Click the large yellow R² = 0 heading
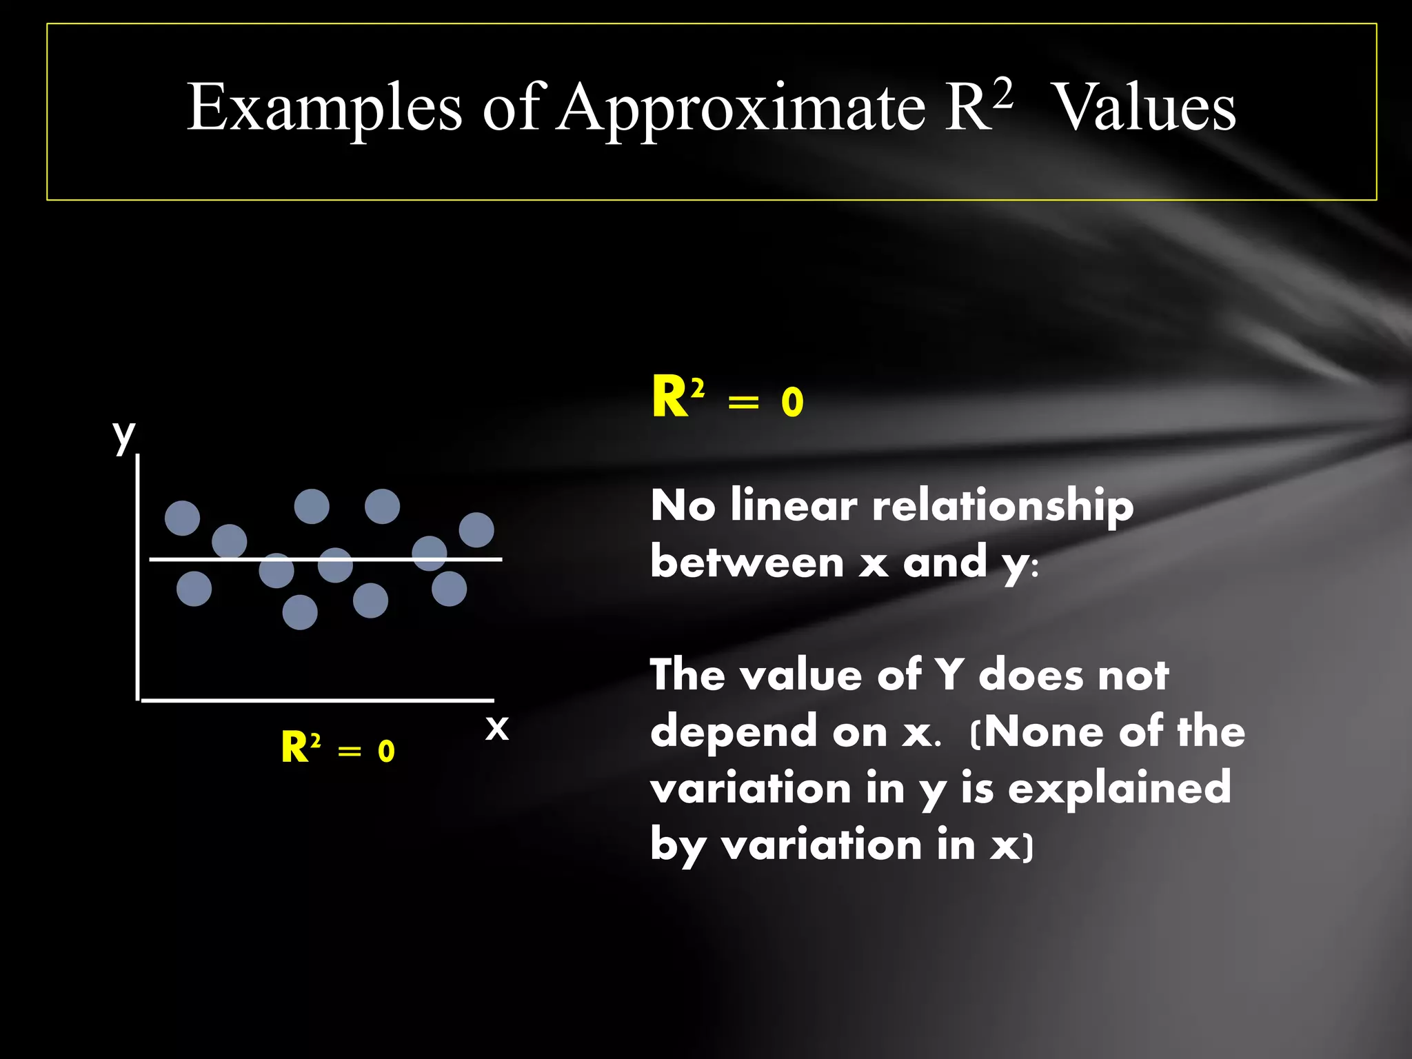[x=727, y=399]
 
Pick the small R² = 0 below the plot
[x=338, y=749]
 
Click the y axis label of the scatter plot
[x=124, y=436]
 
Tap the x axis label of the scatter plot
[x=496, y=727]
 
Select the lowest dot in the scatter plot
[x=300, y=612]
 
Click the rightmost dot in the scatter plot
[x=476, y=529]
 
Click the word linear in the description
[x=794, y=505]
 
